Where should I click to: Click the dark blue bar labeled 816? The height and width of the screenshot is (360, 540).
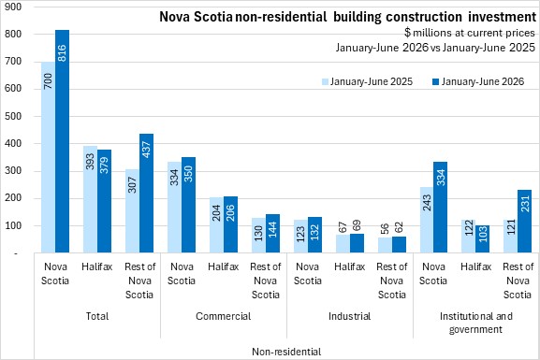63,141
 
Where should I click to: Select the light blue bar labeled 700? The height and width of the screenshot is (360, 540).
49,157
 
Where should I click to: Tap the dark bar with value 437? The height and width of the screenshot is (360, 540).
146,193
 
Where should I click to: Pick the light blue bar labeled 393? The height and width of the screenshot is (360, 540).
90,199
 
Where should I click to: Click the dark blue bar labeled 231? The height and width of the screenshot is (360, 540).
524,222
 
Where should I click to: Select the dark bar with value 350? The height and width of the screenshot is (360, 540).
189,205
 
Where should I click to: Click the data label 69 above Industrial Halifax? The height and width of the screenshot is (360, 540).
358,225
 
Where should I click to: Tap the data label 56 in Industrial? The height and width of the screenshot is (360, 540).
385,228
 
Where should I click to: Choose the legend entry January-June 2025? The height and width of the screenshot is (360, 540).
368,81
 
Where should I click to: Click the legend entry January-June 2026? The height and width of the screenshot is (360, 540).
478,81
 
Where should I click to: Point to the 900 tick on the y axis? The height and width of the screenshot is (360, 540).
13,7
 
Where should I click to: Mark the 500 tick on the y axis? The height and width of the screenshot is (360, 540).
13,116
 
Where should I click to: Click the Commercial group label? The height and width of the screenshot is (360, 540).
223,316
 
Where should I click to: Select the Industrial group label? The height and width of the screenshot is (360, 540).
350,316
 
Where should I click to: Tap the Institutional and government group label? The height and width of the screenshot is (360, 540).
476,323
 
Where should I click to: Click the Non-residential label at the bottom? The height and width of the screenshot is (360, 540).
286,352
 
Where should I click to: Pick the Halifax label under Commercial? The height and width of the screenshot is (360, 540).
223,266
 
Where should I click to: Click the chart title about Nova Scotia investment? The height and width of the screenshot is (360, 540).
348,17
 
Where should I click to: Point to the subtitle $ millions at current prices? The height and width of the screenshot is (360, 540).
470,33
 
